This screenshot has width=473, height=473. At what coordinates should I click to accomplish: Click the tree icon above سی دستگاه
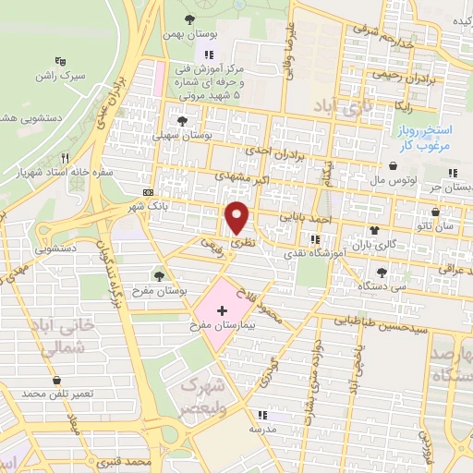[381, 272]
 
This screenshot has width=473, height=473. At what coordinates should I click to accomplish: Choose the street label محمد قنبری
[128, 458]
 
